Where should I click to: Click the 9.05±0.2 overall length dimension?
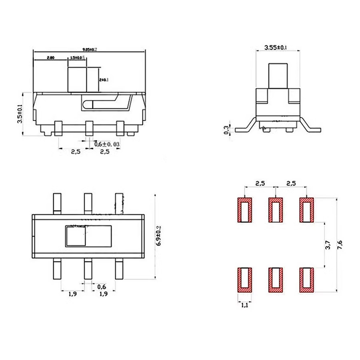click(90, 49)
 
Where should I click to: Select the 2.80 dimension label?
click(51, 58)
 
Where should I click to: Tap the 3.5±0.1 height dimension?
click(20, 114)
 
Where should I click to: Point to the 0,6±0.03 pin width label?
click(107, 144)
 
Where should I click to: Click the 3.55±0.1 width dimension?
click(276, 48)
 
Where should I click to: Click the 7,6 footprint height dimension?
click(340, 243)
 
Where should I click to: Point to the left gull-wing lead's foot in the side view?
click(241, 130)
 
